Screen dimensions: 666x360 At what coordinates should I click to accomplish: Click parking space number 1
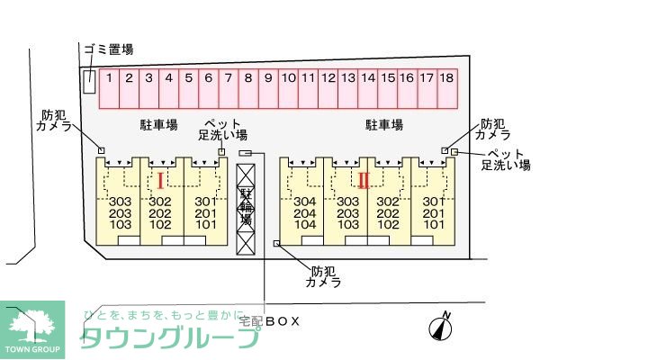108,79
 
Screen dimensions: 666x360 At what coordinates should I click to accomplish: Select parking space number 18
446,79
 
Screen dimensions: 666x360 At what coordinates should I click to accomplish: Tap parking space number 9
267,79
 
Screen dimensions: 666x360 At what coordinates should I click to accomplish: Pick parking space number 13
347,79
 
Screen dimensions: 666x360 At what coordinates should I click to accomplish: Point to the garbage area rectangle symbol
89,81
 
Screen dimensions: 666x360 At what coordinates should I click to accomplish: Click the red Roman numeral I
160,178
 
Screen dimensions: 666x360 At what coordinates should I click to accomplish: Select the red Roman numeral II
364,179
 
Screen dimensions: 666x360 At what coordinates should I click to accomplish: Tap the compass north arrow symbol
441,328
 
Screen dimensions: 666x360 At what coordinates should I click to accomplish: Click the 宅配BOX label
269,320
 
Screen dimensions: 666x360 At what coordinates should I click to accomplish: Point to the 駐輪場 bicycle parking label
245,206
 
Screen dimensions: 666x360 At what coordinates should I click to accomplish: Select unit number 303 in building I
121,202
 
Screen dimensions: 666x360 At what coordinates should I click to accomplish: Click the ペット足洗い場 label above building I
222,129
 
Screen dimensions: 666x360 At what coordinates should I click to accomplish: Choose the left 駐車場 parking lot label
157,124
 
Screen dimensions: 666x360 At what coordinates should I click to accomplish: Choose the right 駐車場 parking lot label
383,124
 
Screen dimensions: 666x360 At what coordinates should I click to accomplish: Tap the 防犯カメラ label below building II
323,276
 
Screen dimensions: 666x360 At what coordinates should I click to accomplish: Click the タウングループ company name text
171,337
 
